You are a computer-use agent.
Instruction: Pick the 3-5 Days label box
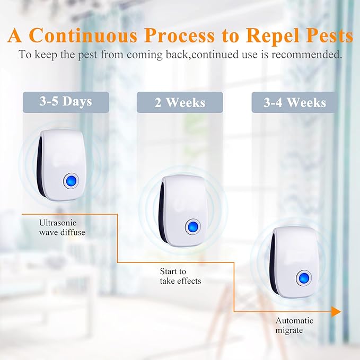(x=66, y=102)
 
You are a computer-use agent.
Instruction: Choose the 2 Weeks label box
(x=180, y=102)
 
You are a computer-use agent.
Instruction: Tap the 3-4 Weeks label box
(x=295, y=102)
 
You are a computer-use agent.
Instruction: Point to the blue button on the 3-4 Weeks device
(x=304, y=277)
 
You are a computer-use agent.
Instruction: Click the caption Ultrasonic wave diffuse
(x=62, y=227)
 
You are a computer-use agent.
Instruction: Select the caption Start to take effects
(x=180, y=276)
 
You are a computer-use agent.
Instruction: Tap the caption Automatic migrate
(x=294, y=325)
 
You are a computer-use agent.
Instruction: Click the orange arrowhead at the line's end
(x=336, y=311)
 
